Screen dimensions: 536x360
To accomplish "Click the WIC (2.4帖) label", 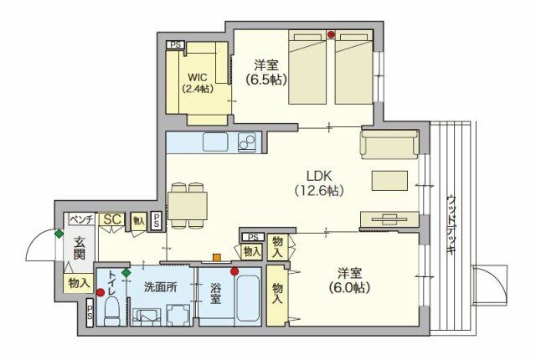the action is [198, 83].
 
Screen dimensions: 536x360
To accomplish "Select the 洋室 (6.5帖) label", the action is [266, 72].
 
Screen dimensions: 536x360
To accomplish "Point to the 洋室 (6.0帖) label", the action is [350, 280].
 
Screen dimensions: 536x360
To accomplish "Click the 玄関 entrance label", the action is [80, 249].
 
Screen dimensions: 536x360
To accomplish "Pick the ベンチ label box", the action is [82, 219].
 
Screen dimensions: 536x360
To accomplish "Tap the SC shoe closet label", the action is [112, 219].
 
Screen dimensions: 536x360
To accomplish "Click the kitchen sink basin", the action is [215, 142].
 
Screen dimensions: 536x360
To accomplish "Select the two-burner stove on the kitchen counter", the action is [247, 142].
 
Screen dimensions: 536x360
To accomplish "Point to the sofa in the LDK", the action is [389, 144].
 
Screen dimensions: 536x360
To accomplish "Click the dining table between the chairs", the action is [188, 206].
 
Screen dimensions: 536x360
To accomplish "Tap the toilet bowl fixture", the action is [111, 311].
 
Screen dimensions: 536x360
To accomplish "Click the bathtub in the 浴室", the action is [248, 298].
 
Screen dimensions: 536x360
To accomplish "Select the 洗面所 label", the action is [160, 287].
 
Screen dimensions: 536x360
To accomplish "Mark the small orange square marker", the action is [216, 258].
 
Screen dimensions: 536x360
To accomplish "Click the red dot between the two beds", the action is [331, 34].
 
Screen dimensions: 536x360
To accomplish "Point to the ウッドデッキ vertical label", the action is [451, 224].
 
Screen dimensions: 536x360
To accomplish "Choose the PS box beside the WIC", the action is [175, 44].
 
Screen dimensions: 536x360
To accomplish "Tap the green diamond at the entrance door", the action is [59, 234].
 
